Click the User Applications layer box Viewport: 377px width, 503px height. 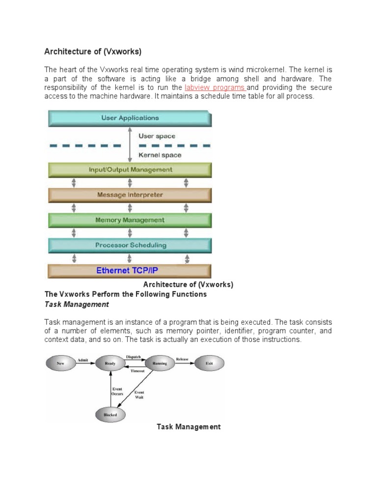[130, 118]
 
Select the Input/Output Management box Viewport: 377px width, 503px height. [130, 169]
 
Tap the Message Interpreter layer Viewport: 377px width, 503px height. [130, 195]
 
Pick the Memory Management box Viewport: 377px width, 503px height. [130, 220]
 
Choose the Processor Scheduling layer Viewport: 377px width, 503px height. [130, 245]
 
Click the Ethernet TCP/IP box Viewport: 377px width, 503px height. [130, 271]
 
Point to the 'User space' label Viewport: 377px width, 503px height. [157, 136]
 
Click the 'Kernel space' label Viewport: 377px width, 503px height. [160, 155]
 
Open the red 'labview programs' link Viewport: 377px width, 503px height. [215, 87]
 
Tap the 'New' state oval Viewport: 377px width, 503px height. [61, 363]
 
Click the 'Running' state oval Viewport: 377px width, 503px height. [160, 363]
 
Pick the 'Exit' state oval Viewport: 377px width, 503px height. [209, 363]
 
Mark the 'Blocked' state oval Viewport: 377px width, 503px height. [110, 415]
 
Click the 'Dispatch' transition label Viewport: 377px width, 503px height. [134, 357]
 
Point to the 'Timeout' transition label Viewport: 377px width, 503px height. [137, 371]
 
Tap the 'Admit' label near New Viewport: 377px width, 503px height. [83, 360]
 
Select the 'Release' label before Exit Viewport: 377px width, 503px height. [182, 360]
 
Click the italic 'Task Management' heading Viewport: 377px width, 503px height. [77, 305]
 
